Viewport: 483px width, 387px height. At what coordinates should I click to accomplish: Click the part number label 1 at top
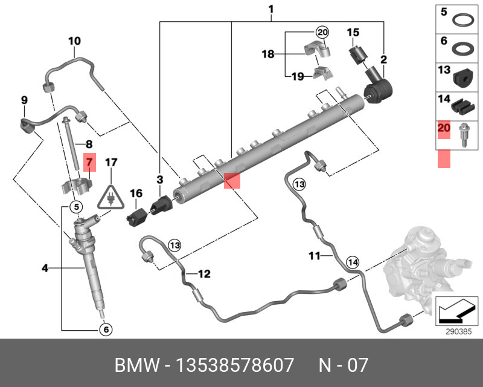pyautogui.click(x=270, y=9)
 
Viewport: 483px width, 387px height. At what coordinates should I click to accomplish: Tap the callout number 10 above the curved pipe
pyautogui.click(x=74, y=41)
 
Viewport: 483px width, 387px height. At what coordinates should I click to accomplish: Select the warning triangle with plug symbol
pyautogui.click(x=111, y=197)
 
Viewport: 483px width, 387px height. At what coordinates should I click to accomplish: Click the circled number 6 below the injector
pyautogui.click(x=106, y=330)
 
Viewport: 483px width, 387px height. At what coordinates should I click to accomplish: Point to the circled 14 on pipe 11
pyautogui.click(x=353, y=262)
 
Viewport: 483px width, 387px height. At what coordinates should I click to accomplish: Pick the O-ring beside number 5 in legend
pyautogui.click(x=463, y=21)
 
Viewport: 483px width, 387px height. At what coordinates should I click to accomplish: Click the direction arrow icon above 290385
pyautogui.click(x=456, y=311)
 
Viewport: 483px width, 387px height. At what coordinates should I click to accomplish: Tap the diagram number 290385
pyautogui.click(x=459, y=332)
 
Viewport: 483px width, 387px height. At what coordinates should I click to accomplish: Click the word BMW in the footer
pyautogui.click(x=138, y=365)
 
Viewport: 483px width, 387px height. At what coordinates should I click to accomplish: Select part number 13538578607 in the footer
pyautogui.click(x=235, y=365)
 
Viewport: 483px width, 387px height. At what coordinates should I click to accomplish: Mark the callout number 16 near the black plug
pyautogui.click(x=136, y=193)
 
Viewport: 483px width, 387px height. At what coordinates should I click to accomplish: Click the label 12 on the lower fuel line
pyautogui.click(x=204, y=274)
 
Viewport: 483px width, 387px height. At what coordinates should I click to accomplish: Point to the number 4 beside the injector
pyautogui.click(x=45, y=268)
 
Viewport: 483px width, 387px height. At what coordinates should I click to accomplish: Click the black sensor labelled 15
pyautogui.click(x=357, y=56)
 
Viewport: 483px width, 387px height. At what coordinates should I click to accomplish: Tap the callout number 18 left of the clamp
pyautogui.click(x=267, y=54)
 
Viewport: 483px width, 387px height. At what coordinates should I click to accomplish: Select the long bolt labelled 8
pyautogui.click(x=71, y=145)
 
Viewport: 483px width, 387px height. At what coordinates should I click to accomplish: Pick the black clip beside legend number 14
pyautogui.click(x=462, y=106)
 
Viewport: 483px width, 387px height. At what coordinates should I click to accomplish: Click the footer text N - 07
pyautogui.click(x=343, y=365)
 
